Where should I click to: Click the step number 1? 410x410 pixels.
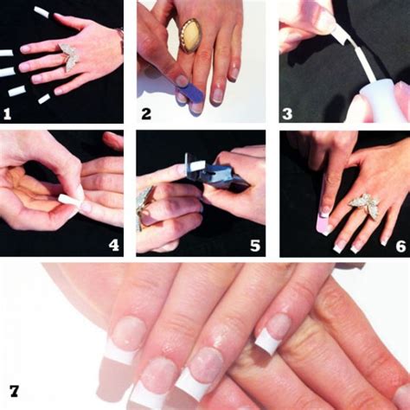[x=7, y=114]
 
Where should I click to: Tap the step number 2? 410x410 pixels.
[x=146, y=114]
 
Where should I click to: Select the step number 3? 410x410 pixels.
[x=287, y=114]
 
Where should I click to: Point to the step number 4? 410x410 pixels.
[x=113, y=246]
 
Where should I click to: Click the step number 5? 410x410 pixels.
[x=255, y=246]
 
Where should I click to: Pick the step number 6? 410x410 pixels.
[x=400, y=247]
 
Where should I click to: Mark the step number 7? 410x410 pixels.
[x=14, y=391]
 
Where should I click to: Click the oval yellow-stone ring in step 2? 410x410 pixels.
[x=190, y=35]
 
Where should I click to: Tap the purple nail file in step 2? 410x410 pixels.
[x=191, y=92]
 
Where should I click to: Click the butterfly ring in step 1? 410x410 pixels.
[x=69, y=57]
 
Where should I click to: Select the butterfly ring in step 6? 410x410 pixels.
[x=365, y=206]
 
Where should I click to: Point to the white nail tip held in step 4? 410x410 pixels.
[x=69, y=200]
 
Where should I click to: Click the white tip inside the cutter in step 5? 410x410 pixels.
[x=197, y=166]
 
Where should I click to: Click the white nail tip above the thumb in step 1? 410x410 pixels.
[x=42, y=12]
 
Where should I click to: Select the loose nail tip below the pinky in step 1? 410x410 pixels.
[x=44, y=99]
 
